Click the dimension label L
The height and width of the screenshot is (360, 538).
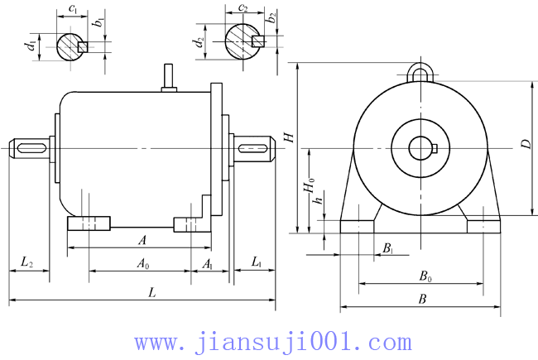pos(151,292)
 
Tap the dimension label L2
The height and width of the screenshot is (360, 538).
pos(26,262)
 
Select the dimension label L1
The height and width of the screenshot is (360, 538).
pos(257,262)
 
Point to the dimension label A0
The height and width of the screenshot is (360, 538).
pos(143,264)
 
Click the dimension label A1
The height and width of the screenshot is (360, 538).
pos(209,264)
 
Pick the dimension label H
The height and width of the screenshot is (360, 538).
pos(289,137)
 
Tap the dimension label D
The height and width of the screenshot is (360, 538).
pos(525,144)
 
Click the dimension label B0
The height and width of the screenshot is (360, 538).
pos(425,277)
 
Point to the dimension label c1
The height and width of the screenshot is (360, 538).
pos(74,9)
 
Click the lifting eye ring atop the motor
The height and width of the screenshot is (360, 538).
pos(420,73)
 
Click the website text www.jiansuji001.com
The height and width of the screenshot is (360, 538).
pos(272,341)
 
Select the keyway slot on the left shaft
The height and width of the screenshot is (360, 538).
pos(31,148)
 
